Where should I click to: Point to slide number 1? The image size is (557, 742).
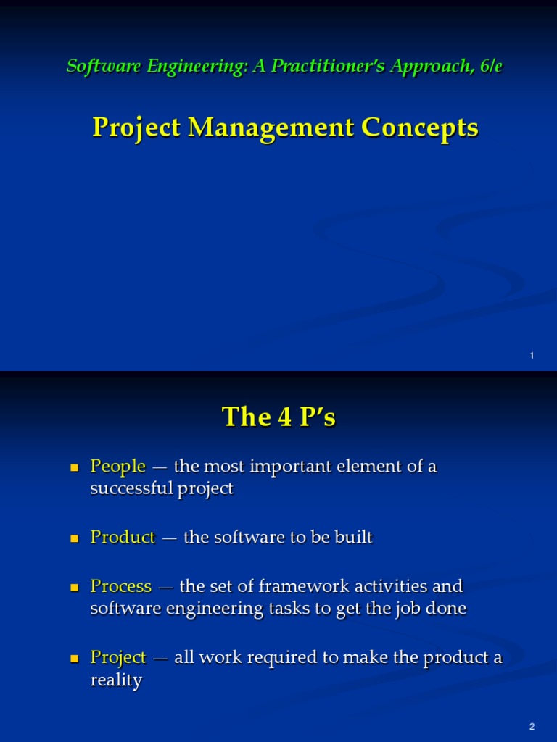(x=532, y=355)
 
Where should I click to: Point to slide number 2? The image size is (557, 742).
(x=532, y=726)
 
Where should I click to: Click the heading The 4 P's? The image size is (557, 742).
(x=278, y=417)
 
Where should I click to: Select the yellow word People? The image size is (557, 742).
(x=117, y=466)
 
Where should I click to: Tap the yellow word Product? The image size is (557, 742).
(x=123, y=537)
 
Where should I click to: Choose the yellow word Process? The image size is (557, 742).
(x=120, y=585)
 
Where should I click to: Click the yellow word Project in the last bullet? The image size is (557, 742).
(x=118, y=657)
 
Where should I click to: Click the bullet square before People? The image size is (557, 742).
(x=73, y=467)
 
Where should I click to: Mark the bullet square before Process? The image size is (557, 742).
(x=73, y=587)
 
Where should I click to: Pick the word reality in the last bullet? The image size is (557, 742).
(x=116, y=680)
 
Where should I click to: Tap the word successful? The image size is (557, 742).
(x=131, y=488)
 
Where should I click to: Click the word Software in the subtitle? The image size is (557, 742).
(x=97, y=66)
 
